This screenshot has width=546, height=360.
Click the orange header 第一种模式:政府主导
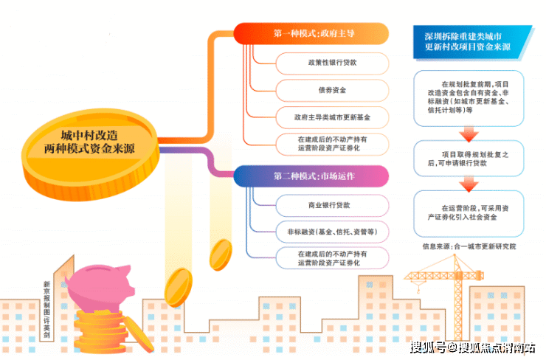[x=311, y=34]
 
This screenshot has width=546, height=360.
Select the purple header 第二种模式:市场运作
[x=311, y=176]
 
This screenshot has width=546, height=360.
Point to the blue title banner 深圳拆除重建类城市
[x=470, y=41]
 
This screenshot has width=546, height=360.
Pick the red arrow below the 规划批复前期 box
[x=469, y=134]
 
